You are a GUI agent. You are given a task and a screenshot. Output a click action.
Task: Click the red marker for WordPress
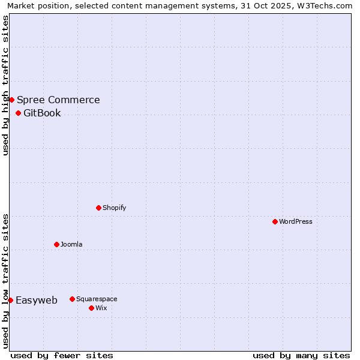click(x=275, y=221)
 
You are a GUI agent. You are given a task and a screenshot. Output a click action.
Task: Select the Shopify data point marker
click(x=98, y=208)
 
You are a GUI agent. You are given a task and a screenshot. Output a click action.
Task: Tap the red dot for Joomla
click(x=56, y=244)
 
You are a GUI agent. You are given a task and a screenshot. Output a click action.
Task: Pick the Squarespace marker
click(x=72, y=299)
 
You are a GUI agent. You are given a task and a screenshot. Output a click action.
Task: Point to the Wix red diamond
click(x=91, y=308)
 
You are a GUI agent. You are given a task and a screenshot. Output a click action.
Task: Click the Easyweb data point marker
click(x=10, y=300)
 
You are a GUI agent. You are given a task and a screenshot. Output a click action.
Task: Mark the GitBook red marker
click(x=18, y=113)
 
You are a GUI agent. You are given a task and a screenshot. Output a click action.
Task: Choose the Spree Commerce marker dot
click(x=11, y=100)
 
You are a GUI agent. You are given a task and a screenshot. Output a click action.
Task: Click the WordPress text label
click(x=296, y=221)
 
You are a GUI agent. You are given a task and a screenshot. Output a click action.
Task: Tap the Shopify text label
click(x=114, y=208)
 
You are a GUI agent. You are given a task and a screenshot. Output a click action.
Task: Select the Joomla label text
click(x=71, y=244)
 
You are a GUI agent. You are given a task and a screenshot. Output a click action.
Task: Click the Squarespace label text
click(x=97, y=299)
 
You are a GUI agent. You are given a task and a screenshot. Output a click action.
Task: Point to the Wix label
click(x=101, y=308)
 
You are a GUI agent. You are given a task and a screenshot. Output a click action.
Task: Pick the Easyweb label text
click(x=37, y=301)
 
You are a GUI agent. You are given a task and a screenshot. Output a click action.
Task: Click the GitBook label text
click(x=42, y=113)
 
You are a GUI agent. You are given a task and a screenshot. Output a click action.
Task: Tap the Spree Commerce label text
click(x=58, y=100)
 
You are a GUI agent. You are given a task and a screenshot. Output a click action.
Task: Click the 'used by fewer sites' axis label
click(x=62, y=355)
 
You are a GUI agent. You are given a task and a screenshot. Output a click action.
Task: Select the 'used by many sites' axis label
click(x=301, y=355)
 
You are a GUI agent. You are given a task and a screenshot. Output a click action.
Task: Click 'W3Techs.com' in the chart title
click(x=327, y=5)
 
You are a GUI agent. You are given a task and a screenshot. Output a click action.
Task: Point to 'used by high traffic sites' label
click(x=5, y=85)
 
